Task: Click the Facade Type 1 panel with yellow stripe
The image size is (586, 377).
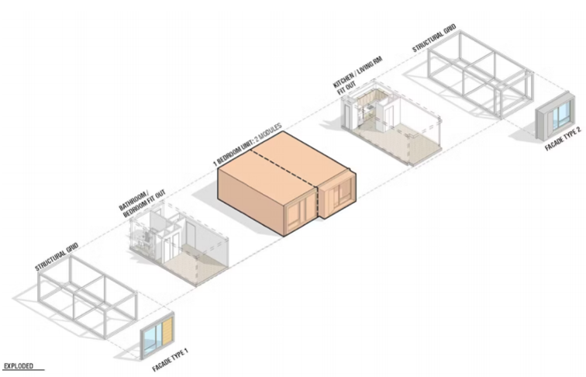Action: click(x=157, y=331)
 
